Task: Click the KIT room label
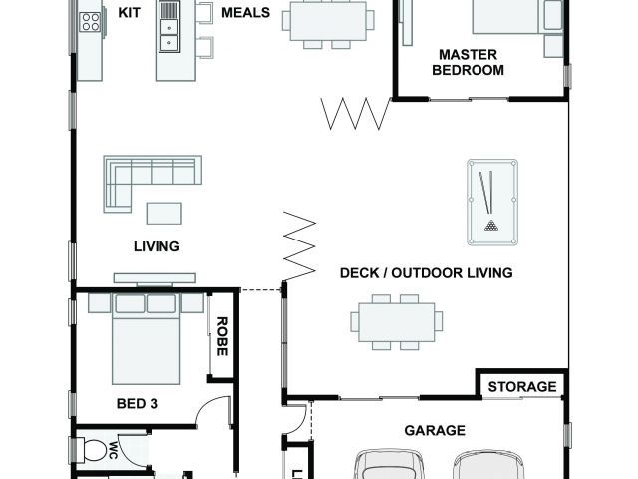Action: coord(129,13)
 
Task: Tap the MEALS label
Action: coord(246,13)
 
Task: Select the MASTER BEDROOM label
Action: coord(468,62)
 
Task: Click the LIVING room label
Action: coord(157,246)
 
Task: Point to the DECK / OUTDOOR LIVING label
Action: coord(426,272)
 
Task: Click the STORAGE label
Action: coord(522,386)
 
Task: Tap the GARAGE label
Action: coord(435,430)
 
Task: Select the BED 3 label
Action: coord(137,403)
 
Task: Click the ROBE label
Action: coord(222,336)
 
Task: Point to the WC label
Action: coord(113,450)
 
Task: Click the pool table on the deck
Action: coord(492,203)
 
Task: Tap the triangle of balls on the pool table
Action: coord(491,226)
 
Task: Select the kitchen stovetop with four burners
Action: coord(91,22)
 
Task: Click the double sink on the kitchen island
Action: coord(169,27)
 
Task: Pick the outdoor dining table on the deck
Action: coord(397,322)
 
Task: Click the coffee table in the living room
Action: coord(163,214)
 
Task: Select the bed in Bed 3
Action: coord(146,338)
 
